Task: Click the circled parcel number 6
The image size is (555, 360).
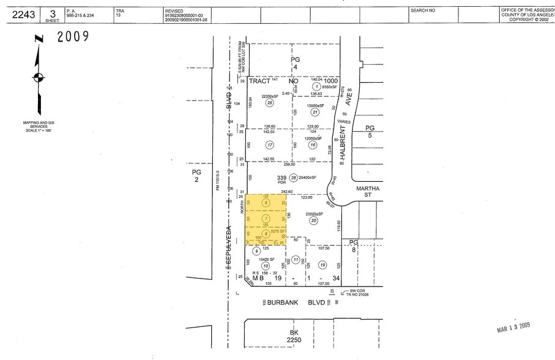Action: (266, 203)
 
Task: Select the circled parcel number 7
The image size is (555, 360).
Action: (266, 219)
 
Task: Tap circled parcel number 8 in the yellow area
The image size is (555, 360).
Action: (266, 233)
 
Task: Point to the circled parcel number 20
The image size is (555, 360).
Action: (314, 221)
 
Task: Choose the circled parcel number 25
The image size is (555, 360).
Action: (269, 103)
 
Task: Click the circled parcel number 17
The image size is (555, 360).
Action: (269, 145)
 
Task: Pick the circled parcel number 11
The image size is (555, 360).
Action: (296, 260)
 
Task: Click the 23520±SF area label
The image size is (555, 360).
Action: (314, 213)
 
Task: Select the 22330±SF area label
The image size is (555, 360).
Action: (270, 96)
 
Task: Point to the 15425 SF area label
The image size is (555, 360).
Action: (266, 260)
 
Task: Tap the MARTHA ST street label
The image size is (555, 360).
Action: (368, 192)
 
